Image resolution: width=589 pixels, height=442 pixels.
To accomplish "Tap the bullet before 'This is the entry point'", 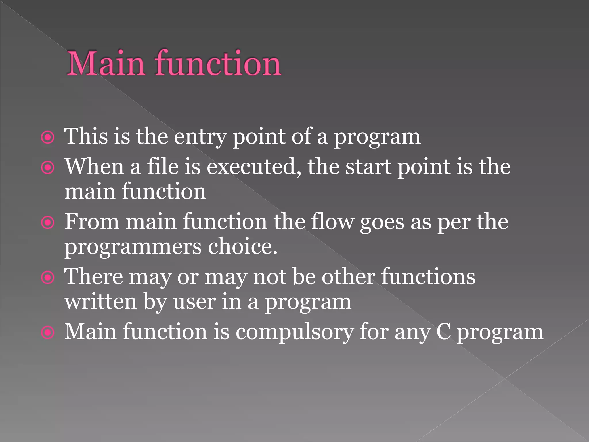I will pos(48,137).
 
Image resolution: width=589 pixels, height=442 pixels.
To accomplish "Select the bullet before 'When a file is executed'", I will pos(48,167).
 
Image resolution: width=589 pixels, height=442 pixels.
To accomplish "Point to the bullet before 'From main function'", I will pos(48,222).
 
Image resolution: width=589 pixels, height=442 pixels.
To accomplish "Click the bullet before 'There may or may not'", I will pos(48,278).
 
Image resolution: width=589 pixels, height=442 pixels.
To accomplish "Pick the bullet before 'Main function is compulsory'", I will pos(48,333).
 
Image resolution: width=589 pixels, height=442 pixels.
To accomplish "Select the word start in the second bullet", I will pos(368,167).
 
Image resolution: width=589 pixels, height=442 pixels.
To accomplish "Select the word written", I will pos(101,302).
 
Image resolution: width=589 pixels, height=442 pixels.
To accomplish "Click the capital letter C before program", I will pos(443,332).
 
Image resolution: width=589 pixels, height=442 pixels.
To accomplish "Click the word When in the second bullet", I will pos(94,167).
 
